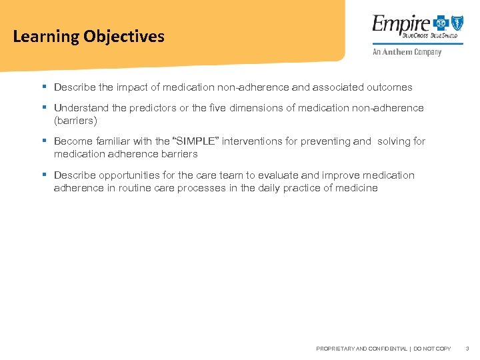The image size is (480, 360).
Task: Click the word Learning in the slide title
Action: point(45,37)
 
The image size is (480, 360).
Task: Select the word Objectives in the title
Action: point(124,37)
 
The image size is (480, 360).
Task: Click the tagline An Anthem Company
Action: point(406,52)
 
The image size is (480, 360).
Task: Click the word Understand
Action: point(80,108)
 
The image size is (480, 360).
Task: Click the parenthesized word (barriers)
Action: point(75,121)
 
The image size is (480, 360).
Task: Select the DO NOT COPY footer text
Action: point(433,349)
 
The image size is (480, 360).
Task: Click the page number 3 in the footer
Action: point(467,349)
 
